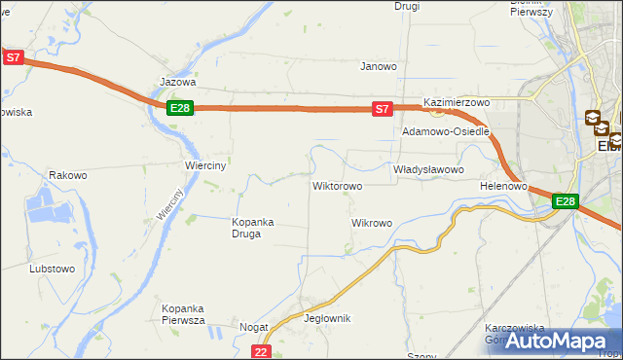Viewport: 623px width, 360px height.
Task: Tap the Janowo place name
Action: tap(379, 67)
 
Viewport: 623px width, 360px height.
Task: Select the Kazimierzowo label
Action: tap(456, 102)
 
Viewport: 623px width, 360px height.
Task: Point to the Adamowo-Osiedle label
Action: tap(446, 131)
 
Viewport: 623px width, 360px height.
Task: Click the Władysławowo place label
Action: tap(427, 169)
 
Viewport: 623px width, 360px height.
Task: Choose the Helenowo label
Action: tap(503, 185)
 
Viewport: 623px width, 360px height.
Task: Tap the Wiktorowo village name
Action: tap(337, 185)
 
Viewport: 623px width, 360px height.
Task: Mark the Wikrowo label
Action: tap(371, 223)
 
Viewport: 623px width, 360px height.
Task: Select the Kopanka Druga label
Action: tap(252, 227)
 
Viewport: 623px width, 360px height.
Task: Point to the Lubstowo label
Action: tap(53, 268)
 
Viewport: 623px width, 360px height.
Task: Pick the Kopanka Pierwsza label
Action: tap(183, 313)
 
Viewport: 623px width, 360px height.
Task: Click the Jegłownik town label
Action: tap(327, 319)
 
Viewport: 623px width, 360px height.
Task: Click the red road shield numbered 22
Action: tap(261, 351)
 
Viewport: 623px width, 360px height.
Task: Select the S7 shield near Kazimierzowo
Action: tap(383, 110)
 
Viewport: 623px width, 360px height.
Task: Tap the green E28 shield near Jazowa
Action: tap(179, 108)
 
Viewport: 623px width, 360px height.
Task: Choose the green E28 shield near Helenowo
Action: tap(566, 201)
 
